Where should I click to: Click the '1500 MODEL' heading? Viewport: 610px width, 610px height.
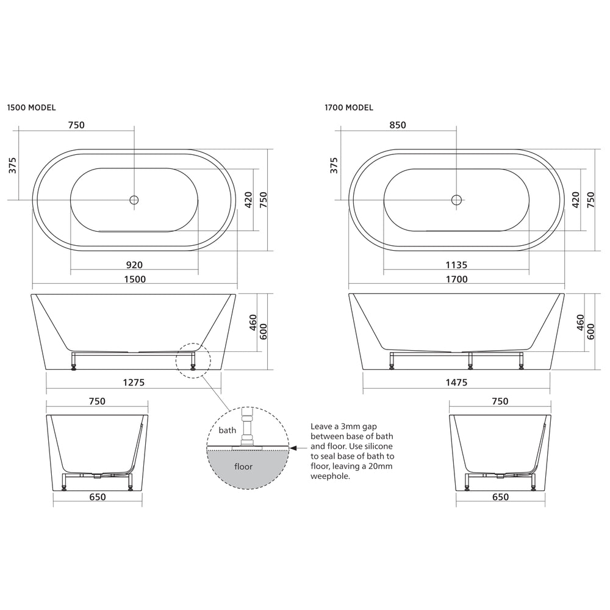[x=31, y=107]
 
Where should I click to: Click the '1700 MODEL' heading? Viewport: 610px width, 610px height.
[x=349, y=107]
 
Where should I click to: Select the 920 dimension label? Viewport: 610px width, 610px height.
[x=134, y=265]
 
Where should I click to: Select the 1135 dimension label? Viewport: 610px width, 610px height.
[x=456, y=265]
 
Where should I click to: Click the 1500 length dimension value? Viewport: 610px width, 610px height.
[x=135, y=279]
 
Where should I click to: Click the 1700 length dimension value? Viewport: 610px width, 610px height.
[x=456, y=279]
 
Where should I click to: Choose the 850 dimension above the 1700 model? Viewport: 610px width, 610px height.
[x=398, y=125]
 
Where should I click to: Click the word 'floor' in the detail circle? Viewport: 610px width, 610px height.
[x=244, y=466]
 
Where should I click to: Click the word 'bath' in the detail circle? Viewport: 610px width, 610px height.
[x=228, y=430]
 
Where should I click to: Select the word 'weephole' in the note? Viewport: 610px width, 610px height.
[x=330, y=476]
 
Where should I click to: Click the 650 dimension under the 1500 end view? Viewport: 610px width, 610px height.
[x=98, y=497]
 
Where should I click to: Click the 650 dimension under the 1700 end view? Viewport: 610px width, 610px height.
[x=500, y=497]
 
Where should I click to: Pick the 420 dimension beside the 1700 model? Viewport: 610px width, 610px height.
[x=576, y=199]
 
